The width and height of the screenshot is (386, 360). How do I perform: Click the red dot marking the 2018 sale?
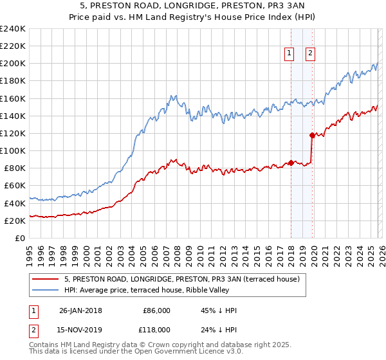coord(291,163)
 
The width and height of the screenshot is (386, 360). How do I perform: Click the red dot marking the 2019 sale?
coord(312,135)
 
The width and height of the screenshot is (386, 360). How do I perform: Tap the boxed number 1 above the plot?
coord(289,54)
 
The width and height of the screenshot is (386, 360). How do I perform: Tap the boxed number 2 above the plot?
coord(310,54)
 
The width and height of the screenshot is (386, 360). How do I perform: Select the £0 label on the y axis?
coord(20,238)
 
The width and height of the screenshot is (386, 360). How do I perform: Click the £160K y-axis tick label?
coord(13,98)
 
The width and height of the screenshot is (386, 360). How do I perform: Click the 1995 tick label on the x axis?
coord(30,252)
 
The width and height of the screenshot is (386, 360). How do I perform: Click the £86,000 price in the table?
coord(156,310)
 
